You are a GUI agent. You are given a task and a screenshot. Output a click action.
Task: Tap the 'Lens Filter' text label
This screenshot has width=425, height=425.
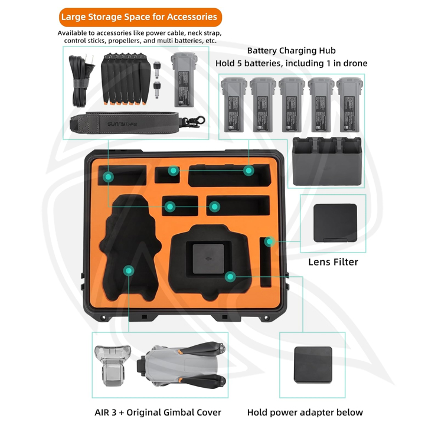point(333,261)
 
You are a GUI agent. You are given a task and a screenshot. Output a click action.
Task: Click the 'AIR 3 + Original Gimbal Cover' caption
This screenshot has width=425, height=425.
point(158,412)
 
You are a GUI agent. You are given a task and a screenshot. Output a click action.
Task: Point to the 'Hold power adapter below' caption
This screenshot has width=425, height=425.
point(305,412)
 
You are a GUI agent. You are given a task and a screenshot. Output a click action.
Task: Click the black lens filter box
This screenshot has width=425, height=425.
point(334,223)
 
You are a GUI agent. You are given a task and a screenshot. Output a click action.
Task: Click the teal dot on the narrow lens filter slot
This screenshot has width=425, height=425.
point(269,241)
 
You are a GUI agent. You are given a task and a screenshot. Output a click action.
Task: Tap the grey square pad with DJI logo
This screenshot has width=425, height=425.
point(207,259)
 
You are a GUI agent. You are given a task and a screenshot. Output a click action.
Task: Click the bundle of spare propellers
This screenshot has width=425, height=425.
point(123,79)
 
